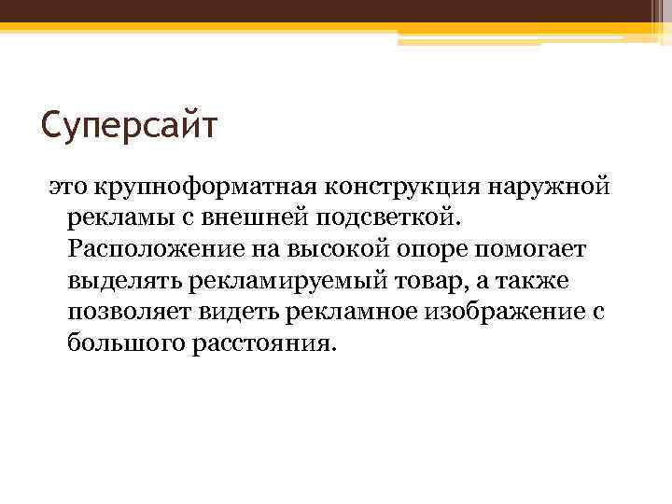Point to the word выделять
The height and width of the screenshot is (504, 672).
pyautogui.click(x=115, y=281)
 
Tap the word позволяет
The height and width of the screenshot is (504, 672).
pyautogui.click(x=120, y=313)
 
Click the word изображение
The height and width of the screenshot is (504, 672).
pyautogui.click(x=494, y=313)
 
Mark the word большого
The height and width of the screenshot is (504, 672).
pyautogui.click(x=119, y=344)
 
